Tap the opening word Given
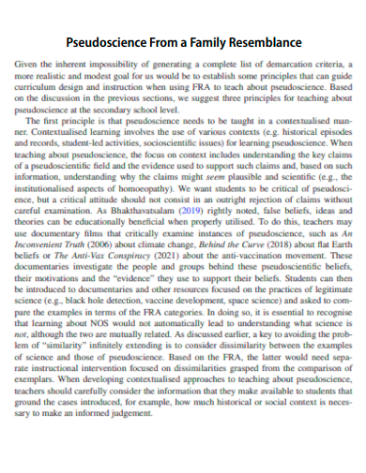coord(27,65)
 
